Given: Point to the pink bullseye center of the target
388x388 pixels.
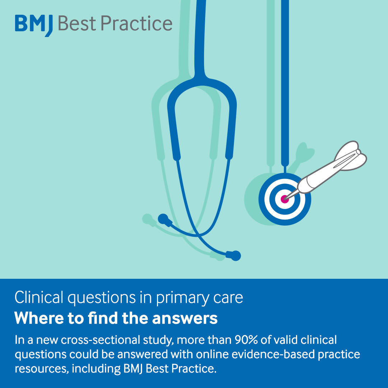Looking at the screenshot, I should point(285,199).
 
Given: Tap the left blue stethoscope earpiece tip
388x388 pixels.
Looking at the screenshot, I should point(163,218).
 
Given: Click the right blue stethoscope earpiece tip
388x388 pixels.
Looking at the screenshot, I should point(235,255).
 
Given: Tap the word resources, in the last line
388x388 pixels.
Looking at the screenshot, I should point(40,369).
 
